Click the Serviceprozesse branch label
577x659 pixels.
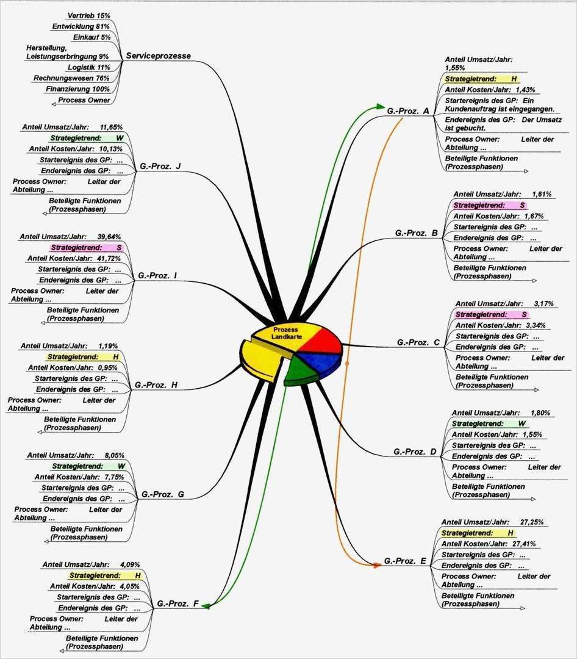159,56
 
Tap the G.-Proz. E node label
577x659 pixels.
405,561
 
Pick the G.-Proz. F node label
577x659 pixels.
178,604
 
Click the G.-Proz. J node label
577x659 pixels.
160,166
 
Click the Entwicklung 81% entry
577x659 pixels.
81,26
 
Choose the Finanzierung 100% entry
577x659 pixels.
77,89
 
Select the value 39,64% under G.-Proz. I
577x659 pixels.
109,237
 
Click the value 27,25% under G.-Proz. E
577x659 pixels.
532,522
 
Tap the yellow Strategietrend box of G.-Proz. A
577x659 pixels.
481,79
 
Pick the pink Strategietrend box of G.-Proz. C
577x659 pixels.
491,314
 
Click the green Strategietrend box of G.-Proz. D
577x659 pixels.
489,423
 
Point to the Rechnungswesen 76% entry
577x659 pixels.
71,78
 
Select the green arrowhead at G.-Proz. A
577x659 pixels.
382,107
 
